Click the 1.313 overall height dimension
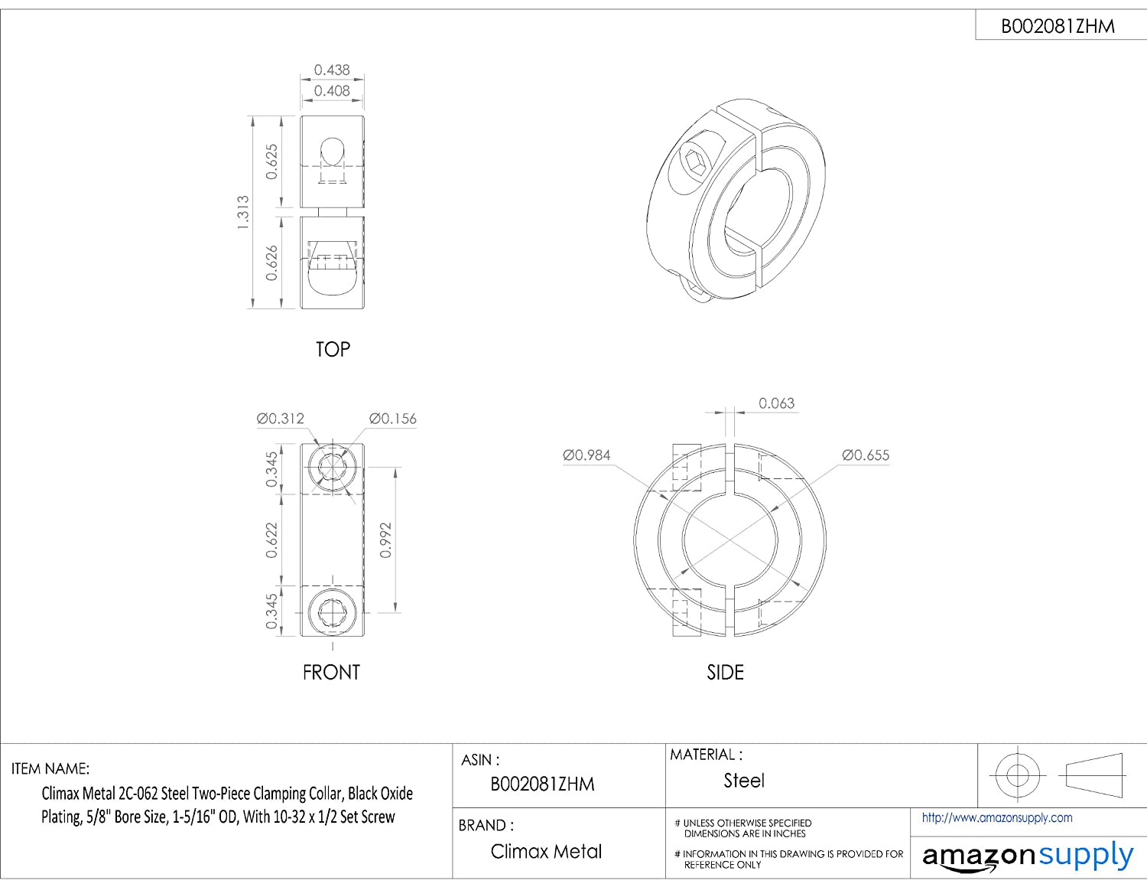pos(242,212)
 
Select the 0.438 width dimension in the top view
pos(332,70)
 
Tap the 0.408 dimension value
pos(332,91)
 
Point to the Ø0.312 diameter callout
pos(281,419)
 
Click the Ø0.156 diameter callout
pos(393,419)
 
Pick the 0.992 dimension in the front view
pos(386,540)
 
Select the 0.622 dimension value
pos(271,540)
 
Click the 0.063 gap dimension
pos(776,403)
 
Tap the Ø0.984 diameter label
pos(586,455)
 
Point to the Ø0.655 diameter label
pos(866,455)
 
